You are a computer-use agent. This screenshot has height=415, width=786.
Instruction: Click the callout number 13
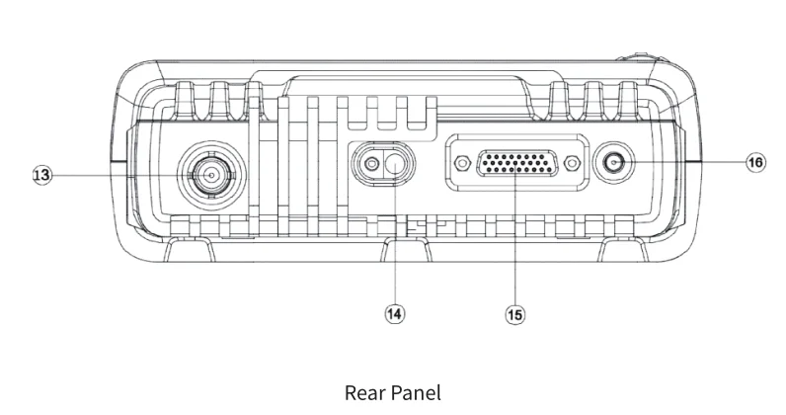coord(41,175)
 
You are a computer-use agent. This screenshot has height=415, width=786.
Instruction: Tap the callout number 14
coord(394,313)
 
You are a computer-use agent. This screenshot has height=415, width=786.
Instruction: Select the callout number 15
coord(514,314)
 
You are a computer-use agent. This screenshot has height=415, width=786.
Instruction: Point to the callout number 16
coord(754,161)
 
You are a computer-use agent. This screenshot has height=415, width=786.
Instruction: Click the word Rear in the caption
coord(363,392)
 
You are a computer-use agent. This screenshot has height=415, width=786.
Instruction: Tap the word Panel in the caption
coord(416,392)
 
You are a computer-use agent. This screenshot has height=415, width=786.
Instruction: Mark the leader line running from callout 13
coord(118,175)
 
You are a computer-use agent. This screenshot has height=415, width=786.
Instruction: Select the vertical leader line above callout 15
coord(514,247)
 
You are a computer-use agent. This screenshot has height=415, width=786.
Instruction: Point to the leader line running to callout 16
coord(691,161)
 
